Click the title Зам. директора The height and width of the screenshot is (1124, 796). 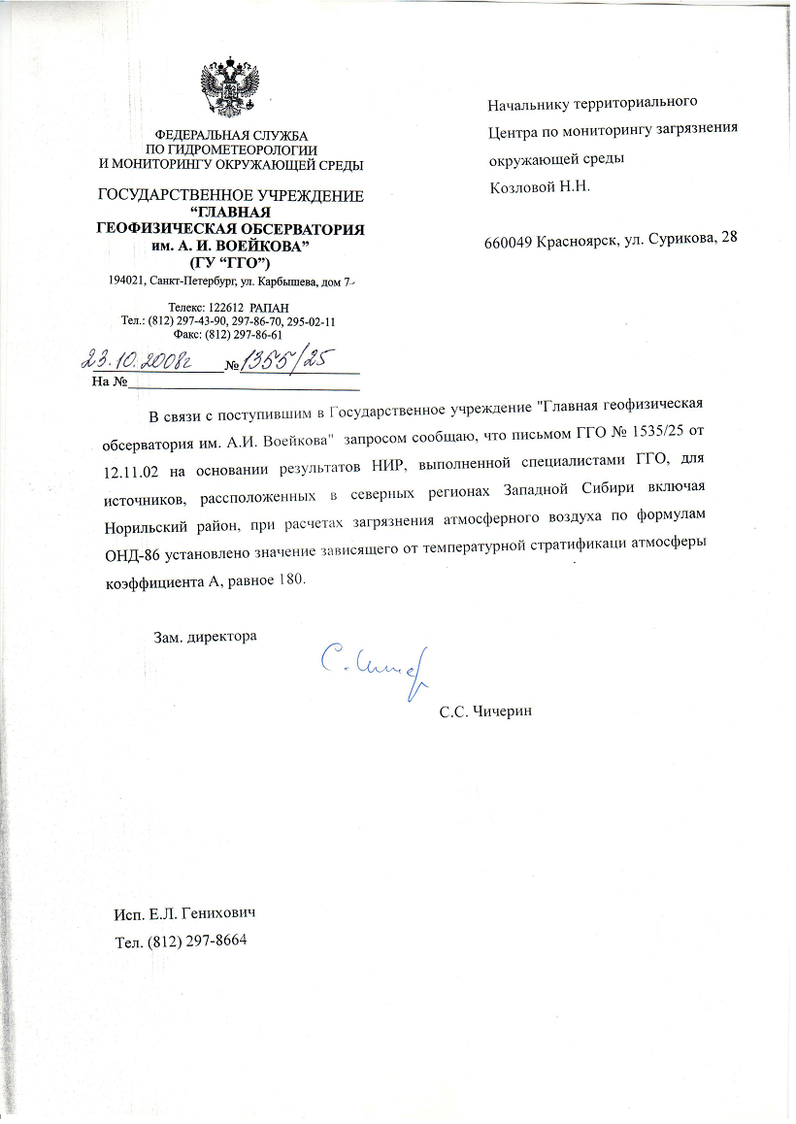click(206, 638)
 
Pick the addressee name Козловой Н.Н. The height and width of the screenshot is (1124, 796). click(539, 185)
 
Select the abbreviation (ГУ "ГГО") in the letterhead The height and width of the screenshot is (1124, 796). click(231, 264)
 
